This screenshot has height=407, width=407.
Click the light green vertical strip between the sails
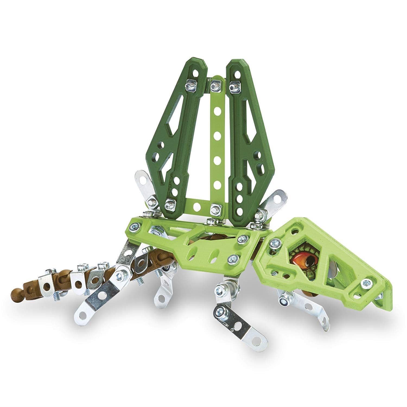[x=216, y=141]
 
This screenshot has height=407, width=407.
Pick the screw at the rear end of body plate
[x=135, y=224]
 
